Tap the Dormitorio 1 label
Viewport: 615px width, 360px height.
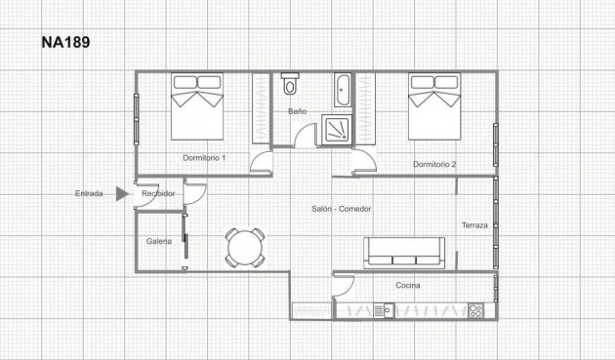[204, 157]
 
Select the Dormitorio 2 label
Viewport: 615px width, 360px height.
[434, 164]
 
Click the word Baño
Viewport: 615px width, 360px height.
[297, 111]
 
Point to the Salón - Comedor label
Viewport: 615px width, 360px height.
[342, 209]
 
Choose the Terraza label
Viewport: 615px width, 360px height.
[474, 225]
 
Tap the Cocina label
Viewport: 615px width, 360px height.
[408, 285]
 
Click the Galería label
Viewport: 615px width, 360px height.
[159, 241]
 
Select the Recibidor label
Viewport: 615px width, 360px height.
[158, 193]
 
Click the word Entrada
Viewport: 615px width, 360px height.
[89, 193]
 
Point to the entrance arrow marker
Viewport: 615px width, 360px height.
[121, 193]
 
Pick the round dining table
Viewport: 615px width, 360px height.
[244, 247]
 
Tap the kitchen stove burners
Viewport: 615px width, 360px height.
[476, 311]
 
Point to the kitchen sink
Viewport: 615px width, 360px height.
[382, 311]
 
